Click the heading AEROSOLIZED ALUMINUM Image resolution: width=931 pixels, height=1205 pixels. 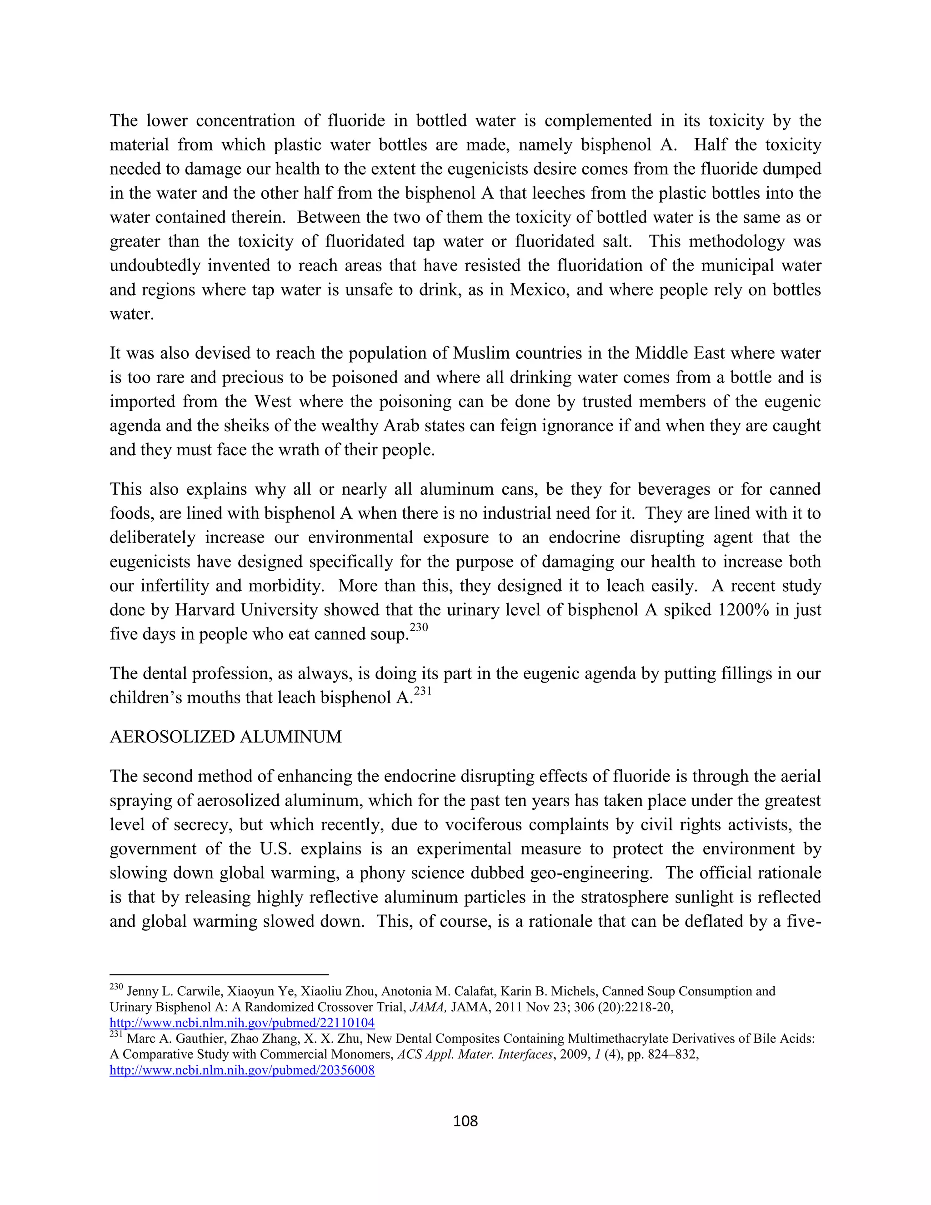point(225,737)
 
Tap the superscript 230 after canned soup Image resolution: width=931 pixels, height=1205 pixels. point(419,628)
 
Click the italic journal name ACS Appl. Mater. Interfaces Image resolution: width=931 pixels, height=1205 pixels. point(475,1054)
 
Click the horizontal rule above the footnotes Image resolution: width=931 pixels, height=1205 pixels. point(219,975)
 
